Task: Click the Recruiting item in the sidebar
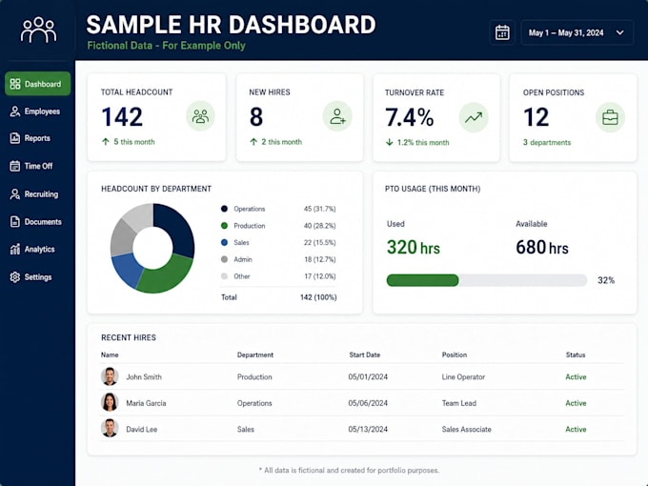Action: point(34,194)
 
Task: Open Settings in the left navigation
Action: point(31,277)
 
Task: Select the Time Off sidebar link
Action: point(31,166)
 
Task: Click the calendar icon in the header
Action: point(502,32)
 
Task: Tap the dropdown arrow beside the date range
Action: point(620,32)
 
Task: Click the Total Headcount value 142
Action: point(122,116)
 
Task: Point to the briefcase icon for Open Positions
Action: point(610,118)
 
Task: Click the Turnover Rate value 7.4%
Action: point(409,117)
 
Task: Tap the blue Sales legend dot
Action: point(224,243)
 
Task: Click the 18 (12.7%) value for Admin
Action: point(320,259)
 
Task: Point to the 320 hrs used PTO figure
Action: point(414,247)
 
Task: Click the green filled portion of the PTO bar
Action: point(422,280)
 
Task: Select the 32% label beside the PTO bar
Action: point(606,280)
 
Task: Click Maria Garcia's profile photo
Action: point(110,402)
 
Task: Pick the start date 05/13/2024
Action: point(368,430)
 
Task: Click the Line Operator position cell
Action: point(463,377)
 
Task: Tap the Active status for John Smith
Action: point(576,377)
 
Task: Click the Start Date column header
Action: point(364,355)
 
